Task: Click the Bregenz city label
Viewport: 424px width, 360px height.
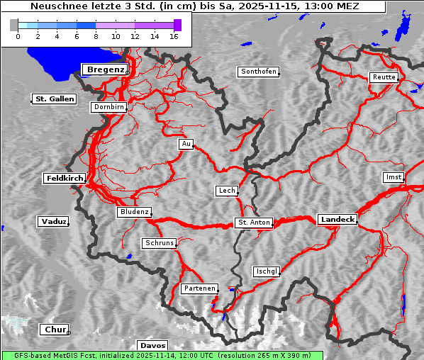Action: point(105,69)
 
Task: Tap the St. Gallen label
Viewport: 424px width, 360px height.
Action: point(54,99)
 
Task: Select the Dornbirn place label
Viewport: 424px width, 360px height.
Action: point(109,108)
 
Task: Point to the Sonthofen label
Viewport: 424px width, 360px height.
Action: point(259,72)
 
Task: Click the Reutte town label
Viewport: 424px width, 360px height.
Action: point(383,77)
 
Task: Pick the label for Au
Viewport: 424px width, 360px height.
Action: point(186,145)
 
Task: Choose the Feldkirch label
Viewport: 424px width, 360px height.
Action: point(65,179)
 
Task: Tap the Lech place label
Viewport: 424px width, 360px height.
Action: point(226,191)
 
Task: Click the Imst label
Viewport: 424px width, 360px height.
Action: point(393,176)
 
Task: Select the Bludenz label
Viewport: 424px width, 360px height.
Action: point(134,212)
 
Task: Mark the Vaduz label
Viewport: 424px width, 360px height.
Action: point(54,222)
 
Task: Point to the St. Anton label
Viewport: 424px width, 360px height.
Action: point(253,223)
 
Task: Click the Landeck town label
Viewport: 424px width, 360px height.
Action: point(337,220)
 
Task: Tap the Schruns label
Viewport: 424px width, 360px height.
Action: point(159,243)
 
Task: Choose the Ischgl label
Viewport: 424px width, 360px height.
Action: point(267,271)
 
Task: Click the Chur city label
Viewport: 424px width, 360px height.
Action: point(54,330)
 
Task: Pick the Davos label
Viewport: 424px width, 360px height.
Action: point(152,346)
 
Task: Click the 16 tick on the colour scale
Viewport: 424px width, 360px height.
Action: point(174,36)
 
